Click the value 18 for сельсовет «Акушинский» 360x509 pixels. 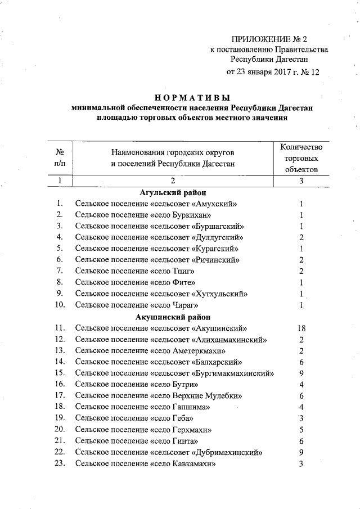(x=301, y=328)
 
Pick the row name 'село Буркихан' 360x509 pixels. (x=143, y=215)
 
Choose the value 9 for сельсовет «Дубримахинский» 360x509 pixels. (x=301, y=452)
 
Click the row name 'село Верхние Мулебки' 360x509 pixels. (x=159, y=395)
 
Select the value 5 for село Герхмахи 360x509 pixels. (x=301, y=430)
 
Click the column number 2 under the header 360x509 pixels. (x=173, y=181)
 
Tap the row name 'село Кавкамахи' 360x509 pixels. (x=146, y=463)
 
